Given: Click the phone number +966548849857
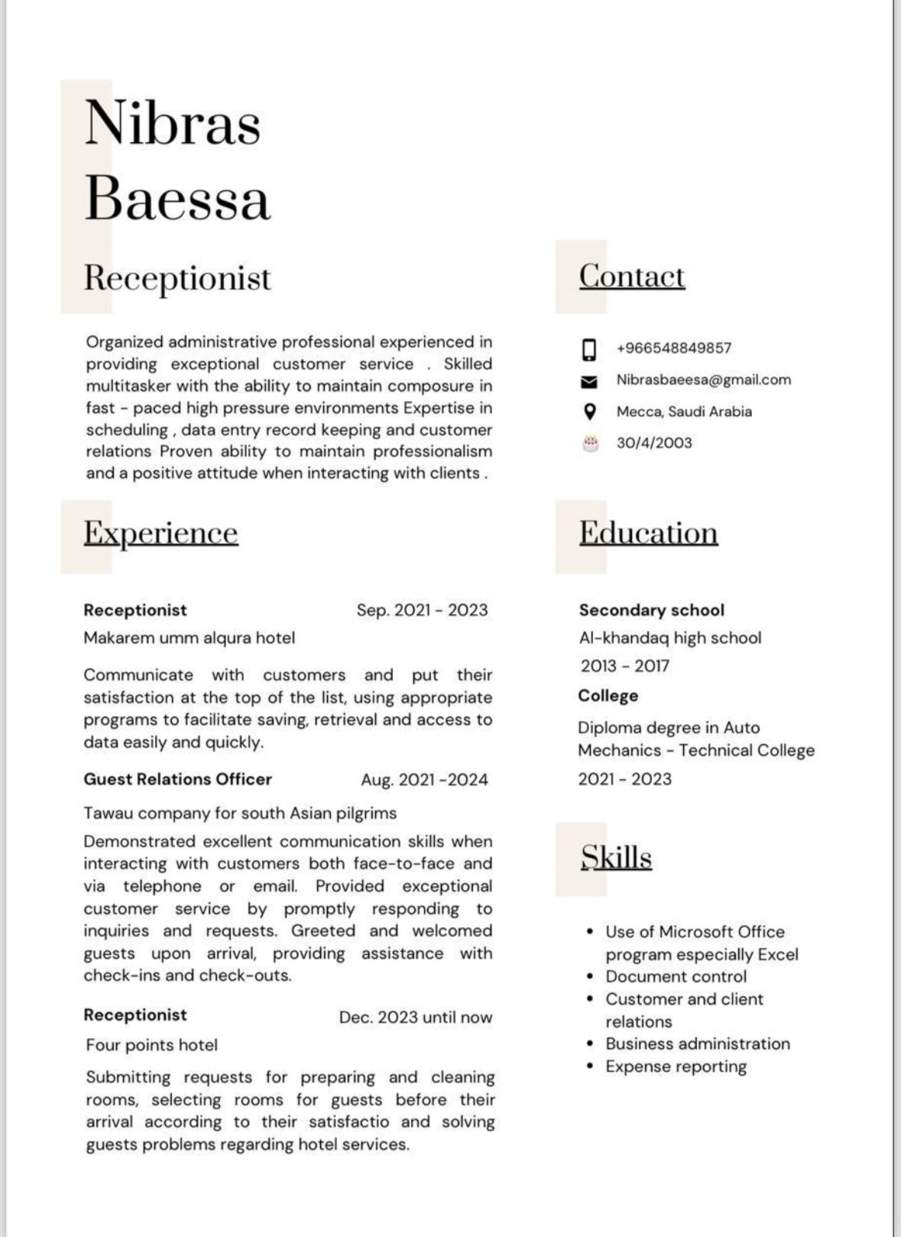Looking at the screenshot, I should tap(673, 348).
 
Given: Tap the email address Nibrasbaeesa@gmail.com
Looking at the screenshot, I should tap(703, 380).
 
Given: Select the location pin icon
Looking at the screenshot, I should tap(589, 411).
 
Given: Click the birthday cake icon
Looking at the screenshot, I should tap(589, 443).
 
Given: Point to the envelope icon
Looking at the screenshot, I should tap(589, 381).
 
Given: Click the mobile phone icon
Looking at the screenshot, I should tap(589, 349).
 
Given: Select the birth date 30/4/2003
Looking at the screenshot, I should tap(654, 443).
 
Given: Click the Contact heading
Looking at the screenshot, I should tap(631, 276).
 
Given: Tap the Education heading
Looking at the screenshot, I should tap(648, 533).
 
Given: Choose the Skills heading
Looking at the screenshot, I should tap(616, 857).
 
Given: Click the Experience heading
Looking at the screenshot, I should tap(160, 533).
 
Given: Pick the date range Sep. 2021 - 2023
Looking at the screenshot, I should tap(422, 610).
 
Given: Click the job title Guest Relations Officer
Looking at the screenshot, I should tap(177, 779).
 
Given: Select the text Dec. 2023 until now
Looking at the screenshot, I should tap(416, 1017).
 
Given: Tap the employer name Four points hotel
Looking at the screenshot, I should tap(151, 1045).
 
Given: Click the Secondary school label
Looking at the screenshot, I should tap(651, 610).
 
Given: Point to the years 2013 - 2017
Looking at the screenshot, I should tap(624, 666).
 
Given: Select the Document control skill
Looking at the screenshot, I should tap(676, 976).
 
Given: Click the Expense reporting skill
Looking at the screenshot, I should tap(676, 1067).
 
